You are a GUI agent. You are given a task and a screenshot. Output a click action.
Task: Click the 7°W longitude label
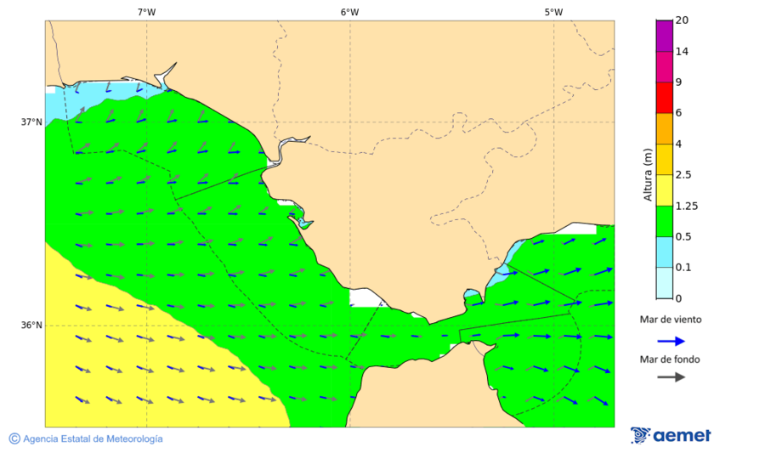[146, 12]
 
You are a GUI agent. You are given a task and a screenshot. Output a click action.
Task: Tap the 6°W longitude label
[349, 12]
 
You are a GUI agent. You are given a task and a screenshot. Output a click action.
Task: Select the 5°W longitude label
[553, 12]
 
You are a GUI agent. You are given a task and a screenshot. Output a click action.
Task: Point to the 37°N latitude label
[31, 122]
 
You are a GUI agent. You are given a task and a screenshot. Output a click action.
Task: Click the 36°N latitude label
[31, 325]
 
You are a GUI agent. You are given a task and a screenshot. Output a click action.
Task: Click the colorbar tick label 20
[682, 20]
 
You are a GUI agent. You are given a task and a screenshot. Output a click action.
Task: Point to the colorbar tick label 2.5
[683, 175]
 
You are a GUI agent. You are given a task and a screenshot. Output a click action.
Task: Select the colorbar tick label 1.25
[686, 206]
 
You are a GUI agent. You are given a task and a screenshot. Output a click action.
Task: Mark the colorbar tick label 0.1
[683, 268]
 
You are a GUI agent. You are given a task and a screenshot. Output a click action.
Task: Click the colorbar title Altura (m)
[648, 174]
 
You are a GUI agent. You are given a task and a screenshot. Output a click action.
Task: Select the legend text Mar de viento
[671, 320]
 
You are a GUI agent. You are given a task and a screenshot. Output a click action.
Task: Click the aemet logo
[671, 435]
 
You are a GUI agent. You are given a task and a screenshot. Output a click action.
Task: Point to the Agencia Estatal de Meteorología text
[93, 439]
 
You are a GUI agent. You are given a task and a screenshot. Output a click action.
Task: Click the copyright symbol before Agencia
[14, 439]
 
